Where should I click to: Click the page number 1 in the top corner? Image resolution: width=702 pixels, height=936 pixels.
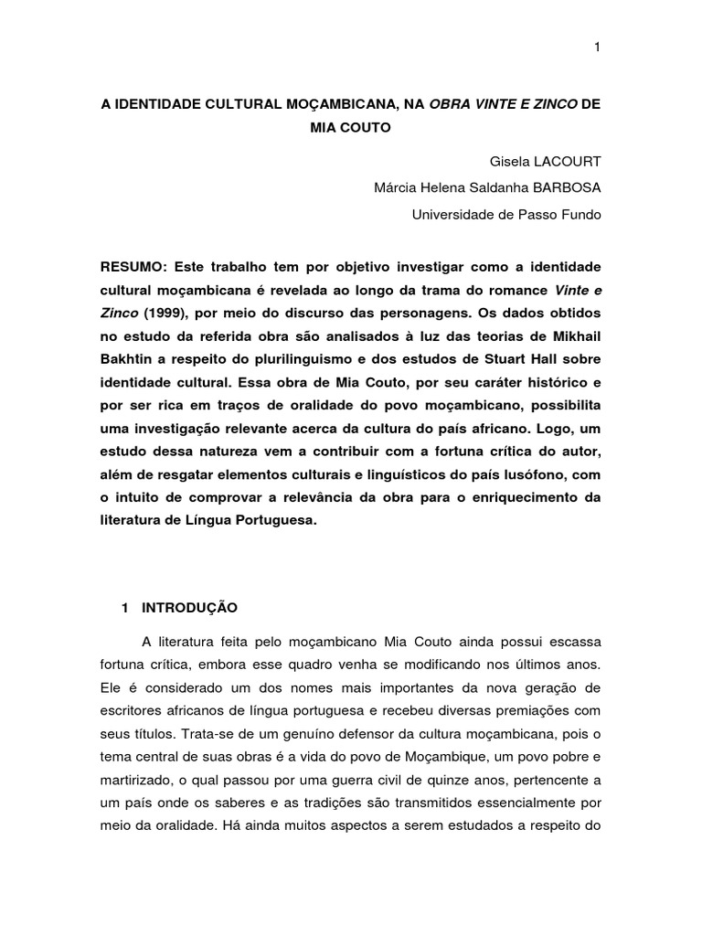[x=597, y=48]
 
